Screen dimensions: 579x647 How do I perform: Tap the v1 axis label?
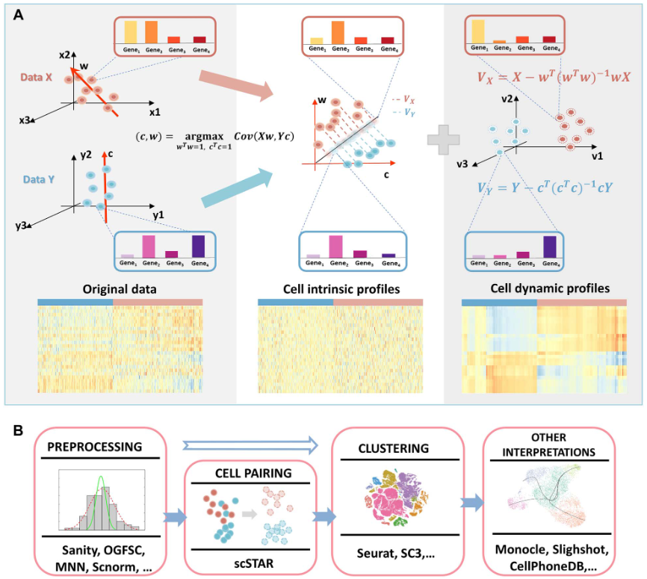(597, 158)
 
